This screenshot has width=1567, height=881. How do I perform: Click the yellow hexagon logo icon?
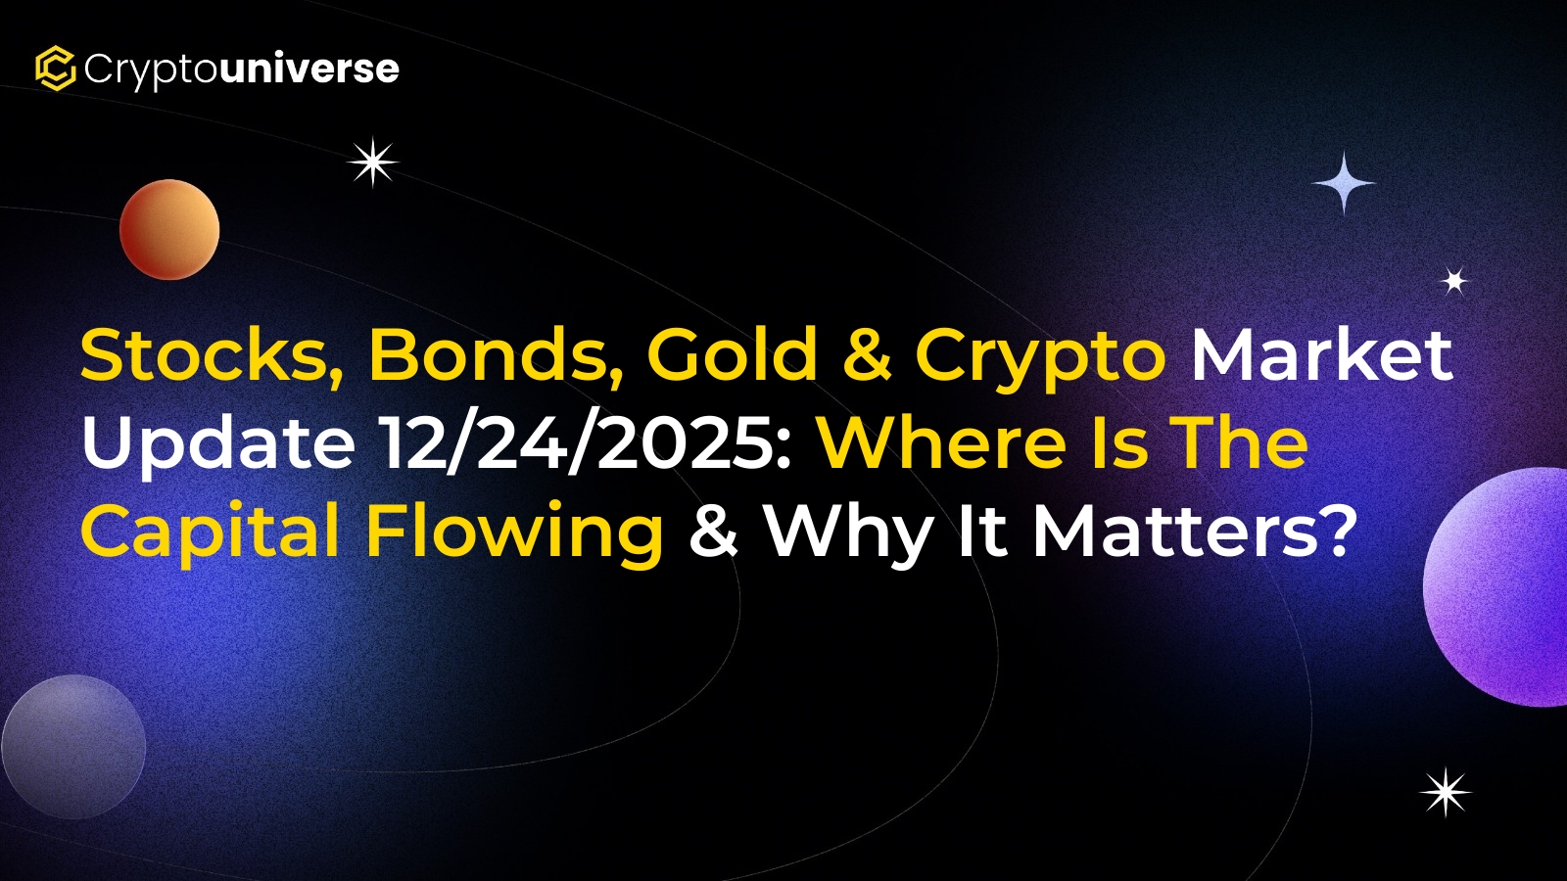coord(55,68)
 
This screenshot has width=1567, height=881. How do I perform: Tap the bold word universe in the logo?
coord(309,69)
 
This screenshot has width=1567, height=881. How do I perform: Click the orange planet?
coord(169,229)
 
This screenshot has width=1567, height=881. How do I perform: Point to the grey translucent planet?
coord(73,747)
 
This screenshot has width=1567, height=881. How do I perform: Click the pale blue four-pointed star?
coord(1343,183)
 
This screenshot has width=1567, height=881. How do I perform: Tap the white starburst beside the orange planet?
coord(373,162)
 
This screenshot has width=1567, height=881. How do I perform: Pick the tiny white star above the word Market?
coord(1455,281)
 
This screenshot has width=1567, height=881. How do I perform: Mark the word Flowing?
coord(514,534)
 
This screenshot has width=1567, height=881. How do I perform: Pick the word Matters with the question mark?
coord(1190,531)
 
